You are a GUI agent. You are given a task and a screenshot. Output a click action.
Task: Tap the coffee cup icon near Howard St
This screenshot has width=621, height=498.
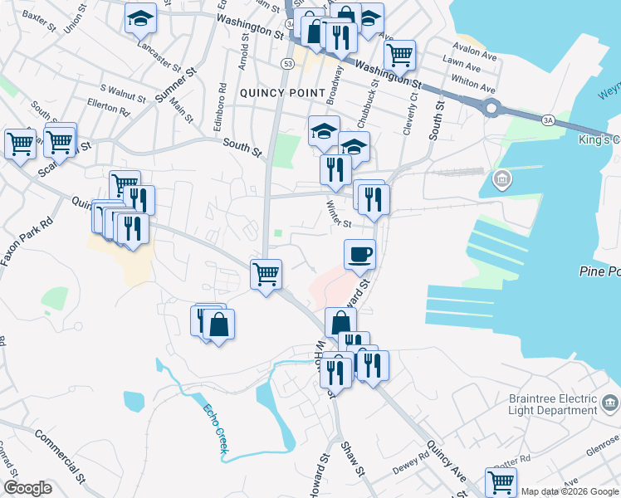359,253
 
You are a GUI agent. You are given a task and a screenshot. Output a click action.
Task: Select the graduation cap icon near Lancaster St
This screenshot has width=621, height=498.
140,17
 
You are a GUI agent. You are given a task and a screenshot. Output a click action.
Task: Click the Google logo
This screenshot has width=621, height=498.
27,488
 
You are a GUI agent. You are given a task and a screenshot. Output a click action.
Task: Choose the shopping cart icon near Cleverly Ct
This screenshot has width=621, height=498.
400,55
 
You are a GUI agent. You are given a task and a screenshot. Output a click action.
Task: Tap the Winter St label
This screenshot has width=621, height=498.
339,215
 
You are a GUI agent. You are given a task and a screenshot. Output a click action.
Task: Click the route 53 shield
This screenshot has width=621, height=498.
287,63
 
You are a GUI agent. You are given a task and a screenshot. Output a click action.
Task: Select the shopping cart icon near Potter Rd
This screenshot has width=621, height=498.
501,481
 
